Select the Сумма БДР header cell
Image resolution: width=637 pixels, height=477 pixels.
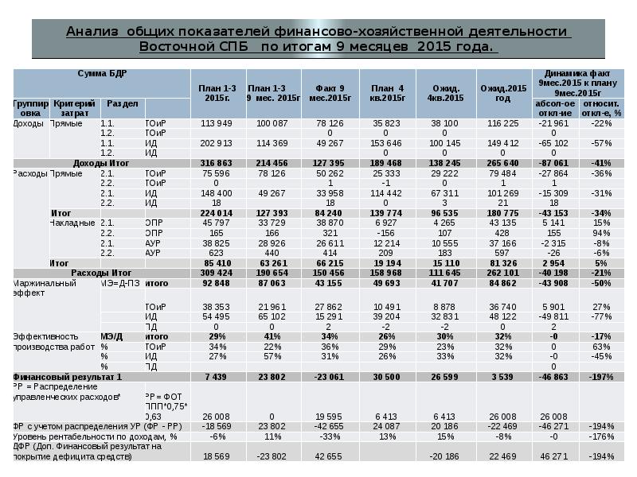click(101, 73)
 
